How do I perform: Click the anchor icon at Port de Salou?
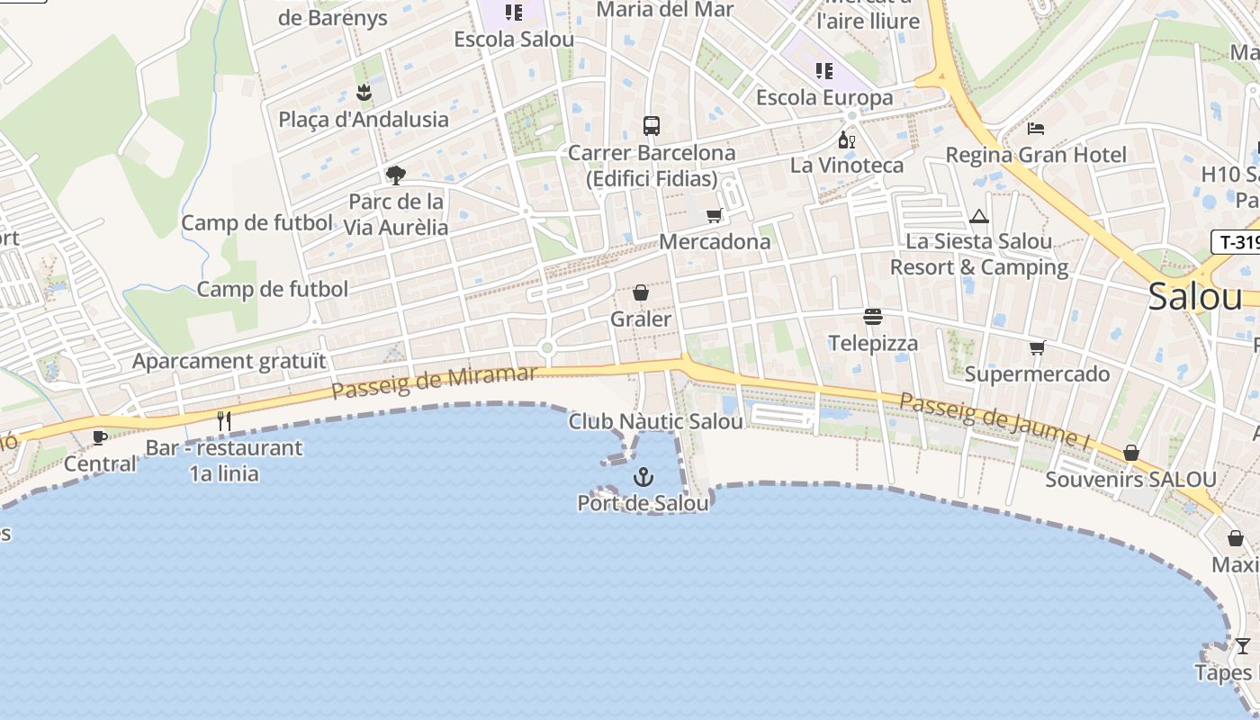pos(643,476)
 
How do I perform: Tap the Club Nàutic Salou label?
pos(656,421)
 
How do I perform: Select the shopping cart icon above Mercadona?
pos(715,215)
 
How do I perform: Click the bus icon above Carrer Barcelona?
pos(651,126)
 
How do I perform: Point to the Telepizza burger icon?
pos(872,317)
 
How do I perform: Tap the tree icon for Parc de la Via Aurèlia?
pos(395,175)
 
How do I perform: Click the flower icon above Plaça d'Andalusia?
pos(364,92)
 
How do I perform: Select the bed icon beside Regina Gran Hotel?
pos(1036,129)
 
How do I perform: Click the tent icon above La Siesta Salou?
pos(979,216)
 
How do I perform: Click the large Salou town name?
pos(1194,297)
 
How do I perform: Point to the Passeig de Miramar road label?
pos(434,382)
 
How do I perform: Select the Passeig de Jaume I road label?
pos(994,420)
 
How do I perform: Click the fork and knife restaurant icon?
pos(224,420)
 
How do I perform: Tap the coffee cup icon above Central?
pos(100,437)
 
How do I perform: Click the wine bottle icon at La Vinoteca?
pos(846,139)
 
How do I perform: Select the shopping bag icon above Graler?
pos(641,292)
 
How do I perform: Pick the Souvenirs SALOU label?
pos(1130,480)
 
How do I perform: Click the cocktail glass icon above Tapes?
pos(1242,645)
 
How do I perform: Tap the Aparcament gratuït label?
pos(229,362)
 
